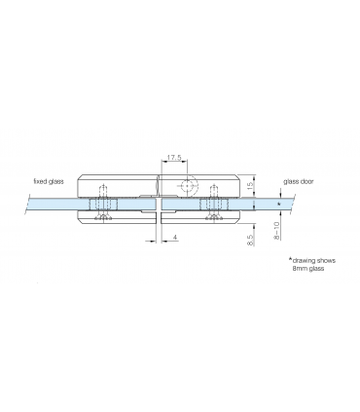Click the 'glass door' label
pos(299,181)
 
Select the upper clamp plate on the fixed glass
pos(117,186)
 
